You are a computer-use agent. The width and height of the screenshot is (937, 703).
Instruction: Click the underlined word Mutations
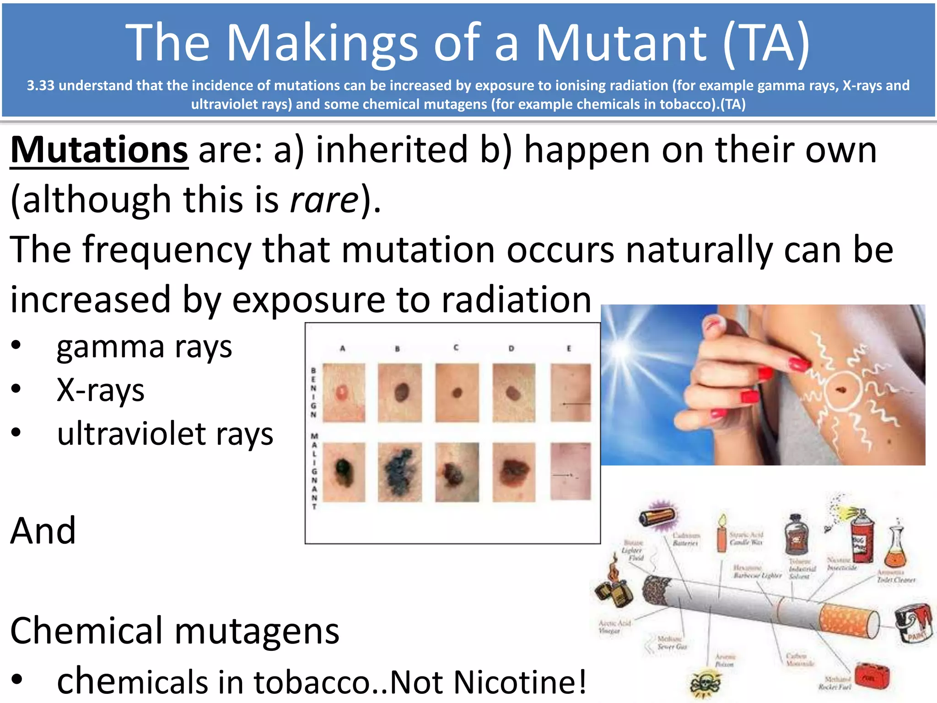click(x=99, y=150)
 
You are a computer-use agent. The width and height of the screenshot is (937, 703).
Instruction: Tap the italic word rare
click(x=324, y=200)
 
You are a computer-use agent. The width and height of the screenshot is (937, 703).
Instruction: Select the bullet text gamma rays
click(x=144, y=347)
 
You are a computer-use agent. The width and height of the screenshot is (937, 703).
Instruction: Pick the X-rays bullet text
click(x=101, y=390)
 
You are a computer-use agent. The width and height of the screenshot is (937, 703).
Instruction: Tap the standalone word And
click(x=43, y=531)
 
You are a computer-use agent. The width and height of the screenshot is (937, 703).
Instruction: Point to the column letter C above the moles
click(x=456, y=348)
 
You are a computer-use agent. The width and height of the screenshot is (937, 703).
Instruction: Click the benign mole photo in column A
click(x=344, y=393)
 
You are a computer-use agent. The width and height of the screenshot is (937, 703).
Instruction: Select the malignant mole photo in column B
click(x=399, y=472)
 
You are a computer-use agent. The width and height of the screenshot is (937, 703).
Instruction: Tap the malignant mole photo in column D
click(x=513, y=472)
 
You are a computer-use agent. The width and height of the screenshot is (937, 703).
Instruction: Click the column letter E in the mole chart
click(x=569, y=348)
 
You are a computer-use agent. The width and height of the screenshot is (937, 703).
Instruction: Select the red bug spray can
click(x=862, y=536)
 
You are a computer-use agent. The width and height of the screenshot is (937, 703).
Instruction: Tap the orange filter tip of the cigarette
click(x=849, y=620)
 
